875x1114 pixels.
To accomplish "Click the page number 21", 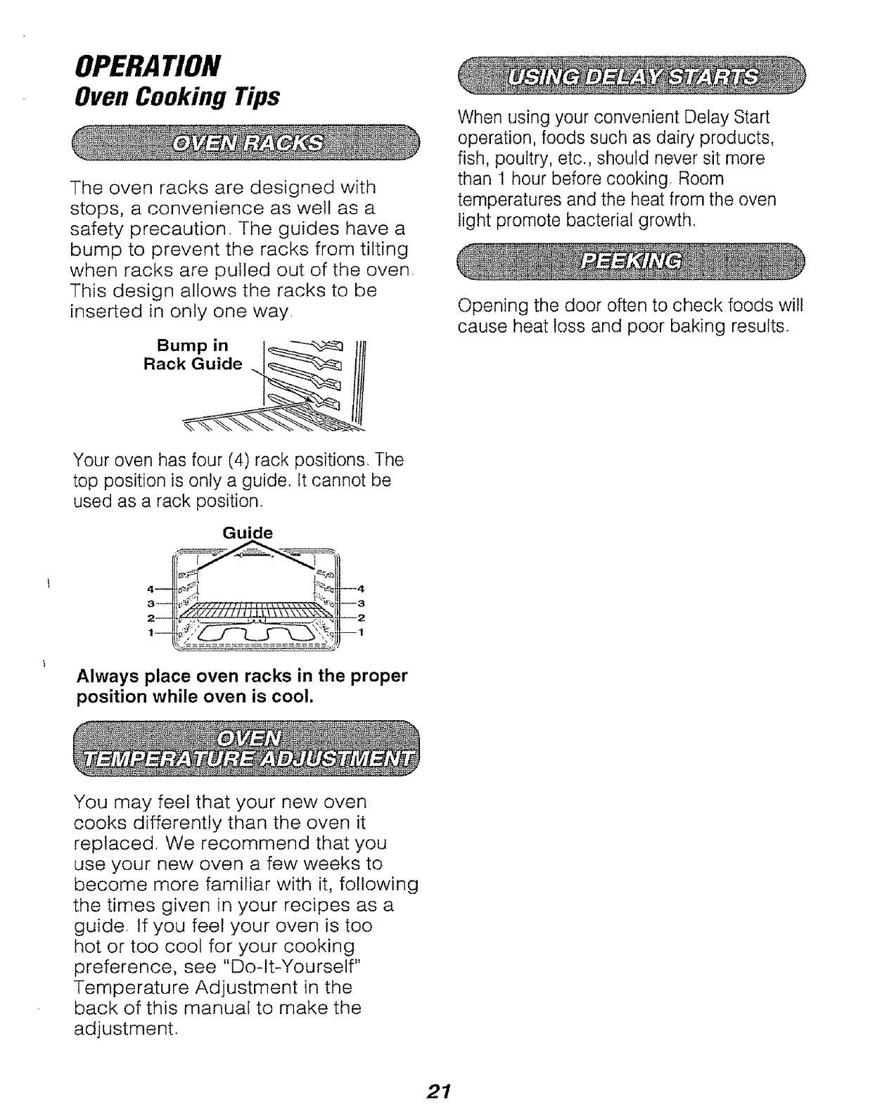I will coord(437,1091).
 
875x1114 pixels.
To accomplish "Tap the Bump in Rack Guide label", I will coord(193,355).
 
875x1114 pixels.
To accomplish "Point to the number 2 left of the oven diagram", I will coord(149,617).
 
